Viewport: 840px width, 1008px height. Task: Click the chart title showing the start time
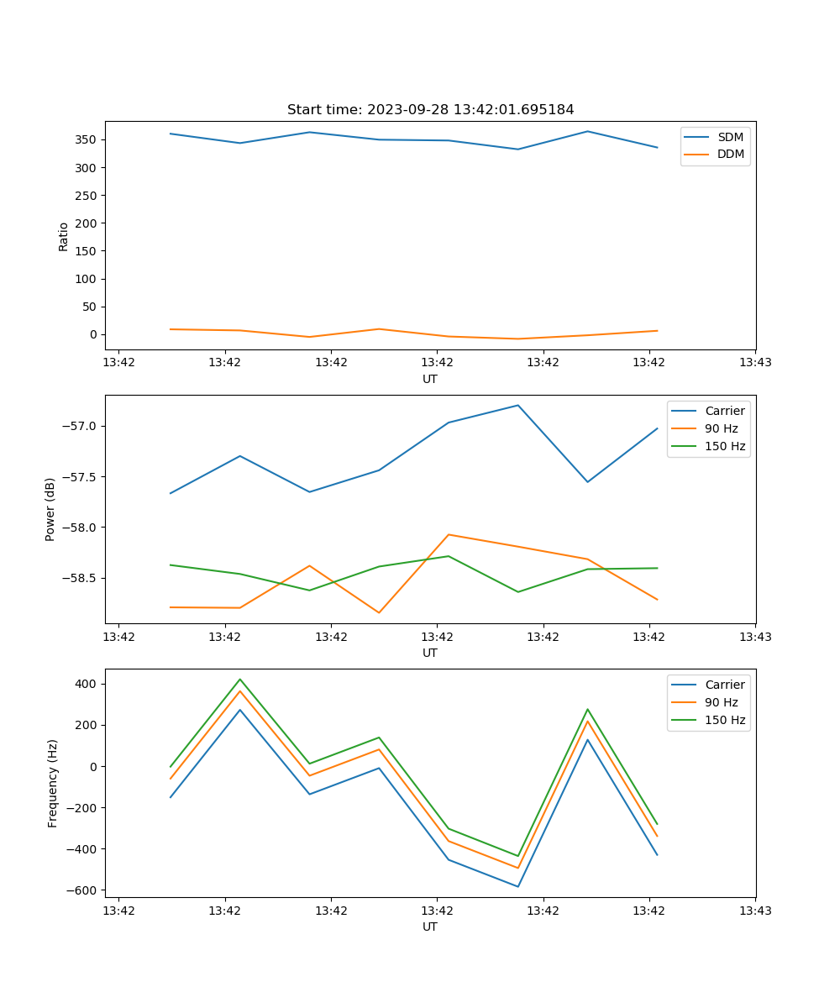(430, 110)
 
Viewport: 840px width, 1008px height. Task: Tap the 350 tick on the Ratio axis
(87, 139)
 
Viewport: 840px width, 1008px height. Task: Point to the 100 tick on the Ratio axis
(87, 279)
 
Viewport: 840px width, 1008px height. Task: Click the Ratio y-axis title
(64, 237)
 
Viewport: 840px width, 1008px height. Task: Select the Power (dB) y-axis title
(50, 509)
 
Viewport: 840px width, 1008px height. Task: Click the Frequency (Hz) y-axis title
(52, 783)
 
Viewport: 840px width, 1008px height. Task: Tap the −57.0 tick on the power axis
(81, 426)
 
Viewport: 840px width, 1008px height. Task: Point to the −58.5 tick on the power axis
(81, 578)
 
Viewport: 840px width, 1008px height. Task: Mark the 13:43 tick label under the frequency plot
(754, 911)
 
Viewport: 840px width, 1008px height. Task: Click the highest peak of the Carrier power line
(517, 406)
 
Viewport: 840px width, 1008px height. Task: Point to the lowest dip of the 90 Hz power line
(379, 612)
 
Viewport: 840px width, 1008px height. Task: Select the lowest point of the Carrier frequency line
(517, 886)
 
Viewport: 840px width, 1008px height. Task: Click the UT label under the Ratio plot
(430, 379)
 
